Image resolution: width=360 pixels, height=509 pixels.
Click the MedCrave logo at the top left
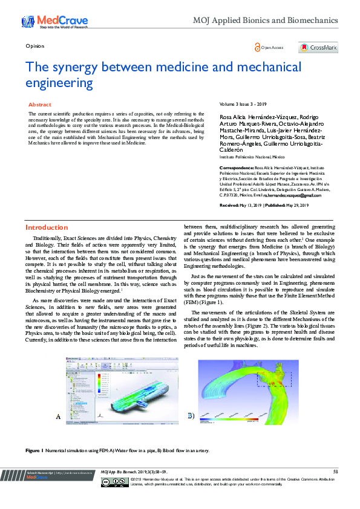pyautogui.click(x=46, y=22)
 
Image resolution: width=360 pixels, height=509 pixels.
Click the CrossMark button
pyautogui.click(x=318, y=48)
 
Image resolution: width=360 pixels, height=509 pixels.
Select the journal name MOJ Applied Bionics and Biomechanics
pyautogui.click(x=273, y=21)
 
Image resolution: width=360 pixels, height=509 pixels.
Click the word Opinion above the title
pyautogui.click(x=34, y=45)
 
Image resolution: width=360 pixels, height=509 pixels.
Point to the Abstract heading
pyautogui.click(x=40, y=105)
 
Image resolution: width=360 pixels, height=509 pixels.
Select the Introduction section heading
pyautogui.click(x=47, y=227)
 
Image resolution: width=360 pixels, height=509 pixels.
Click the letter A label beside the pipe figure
pyautogui.click(x=58, y=417)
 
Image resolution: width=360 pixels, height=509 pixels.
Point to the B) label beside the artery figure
pyautogui.click(x=191, y=416)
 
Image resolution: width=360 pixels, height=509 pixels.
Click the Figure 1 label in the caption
pyautogui.click(x=34, y=451)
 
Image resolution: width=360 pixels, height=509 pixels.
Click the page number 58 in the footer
pyautogui.click(x=335, y=472)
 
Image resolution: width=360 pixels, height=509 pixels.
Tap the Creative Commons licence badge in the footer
pyautogui.click(x=114, y=482)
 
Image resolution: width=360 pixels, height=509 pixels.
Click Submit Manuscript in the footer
pyautogui.click(x=40, y=472)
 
